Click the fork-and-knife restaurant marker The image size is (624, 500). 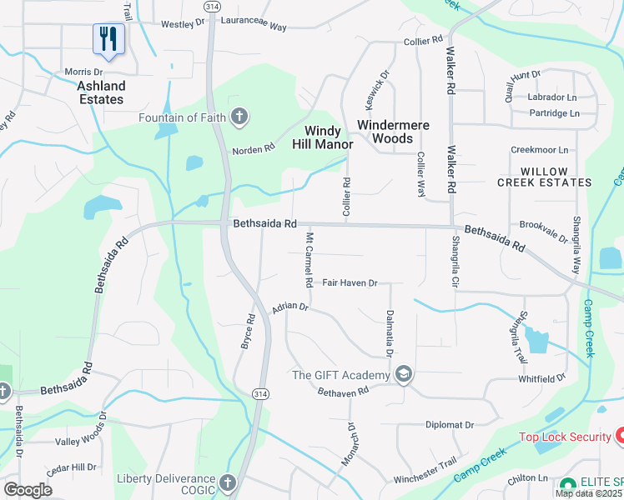click(x=108, y=38)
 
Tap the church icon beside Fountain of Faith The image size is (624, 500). click(x=239, y=117)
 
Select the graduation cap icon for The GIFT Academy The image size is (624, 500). click(x=404, y=374)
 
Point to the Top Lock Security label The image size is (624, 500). click(x=566, y=437)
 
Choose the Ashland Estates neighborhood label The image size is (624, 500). click(x=101, y=92)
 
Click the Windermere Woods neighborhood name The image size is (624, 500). click(x=393, y=132)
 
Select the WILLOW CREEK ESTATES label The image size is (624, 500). click(x=544, y=176)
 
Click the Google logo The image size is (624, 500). click(x=28, y=490)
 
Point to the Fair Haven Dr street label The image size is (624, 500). click(x=350, y=283)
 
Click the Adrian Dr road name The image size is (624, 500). click(x=290, y=307)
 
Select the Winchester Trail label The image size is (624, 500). click(x=425, y=462)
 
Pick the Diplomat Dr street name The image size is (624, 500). click(x=450, y=424)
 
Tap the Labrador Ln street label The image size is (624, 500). click(x=552, y=97)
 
